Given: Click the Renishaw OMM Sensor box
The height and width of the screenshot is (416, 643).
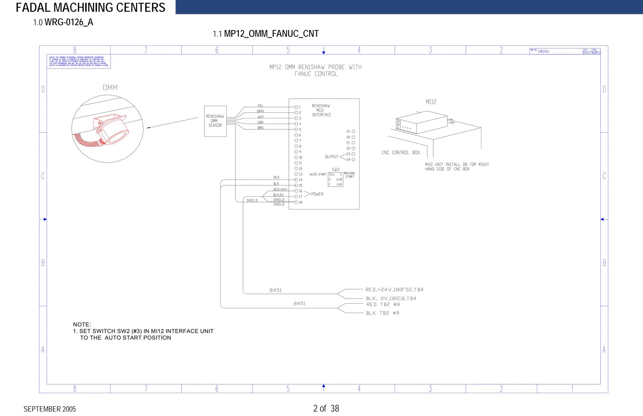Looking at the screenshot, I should (215, 121).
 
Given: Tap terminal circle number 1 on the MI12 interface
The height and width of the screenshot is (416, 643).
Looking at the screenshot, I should (296, 107).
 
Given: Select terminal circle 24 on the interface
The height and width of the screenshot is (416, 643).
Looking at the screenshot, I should (354, 159).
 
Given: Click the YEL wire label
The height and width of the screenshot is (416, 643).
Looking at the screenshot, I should (260, 106).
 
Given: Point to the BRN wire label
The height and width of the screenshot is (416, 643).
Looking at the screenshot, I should (260, 128).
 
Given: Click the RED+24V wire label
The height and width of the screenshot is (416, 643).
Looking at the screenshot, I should (280, 189).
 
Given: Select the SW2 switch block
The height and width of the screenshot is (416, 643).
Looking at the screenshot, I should (336, 179).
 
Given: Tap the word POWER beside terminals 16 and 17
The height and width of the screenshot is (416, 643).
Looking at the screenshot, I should (317, 194).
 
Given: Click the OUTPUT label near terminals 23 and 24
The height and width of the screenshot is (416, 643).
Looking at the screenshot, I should (332, 157).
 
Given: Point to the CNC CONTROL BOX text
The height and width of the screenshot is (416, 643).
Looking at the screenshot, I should (401, 153).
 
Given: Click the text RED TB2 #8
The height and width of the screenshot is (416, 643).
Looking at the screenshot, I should (383, 305).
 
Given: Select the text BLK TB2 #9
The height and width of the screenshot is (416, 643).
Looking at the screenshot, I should (382, 313).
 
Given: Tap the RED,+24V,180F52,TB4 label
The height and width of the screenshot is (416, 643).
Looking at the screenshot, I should (394, 289).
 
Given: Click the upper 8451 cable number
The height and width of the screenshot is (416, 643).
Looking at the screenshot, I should (275, 290).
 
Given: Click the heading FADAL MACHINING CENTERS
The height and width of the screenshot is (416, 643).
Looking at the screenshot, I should (90, 8).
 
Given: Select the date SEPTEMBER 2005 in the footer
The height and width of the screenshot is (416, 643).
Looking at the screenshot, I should (50, 409).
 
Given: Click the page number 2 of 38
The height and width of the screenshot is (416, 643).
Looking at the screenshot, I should (326, 408).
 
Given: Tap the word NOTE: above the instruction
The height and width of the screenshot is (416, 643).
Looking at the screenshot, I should (82, 324).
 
